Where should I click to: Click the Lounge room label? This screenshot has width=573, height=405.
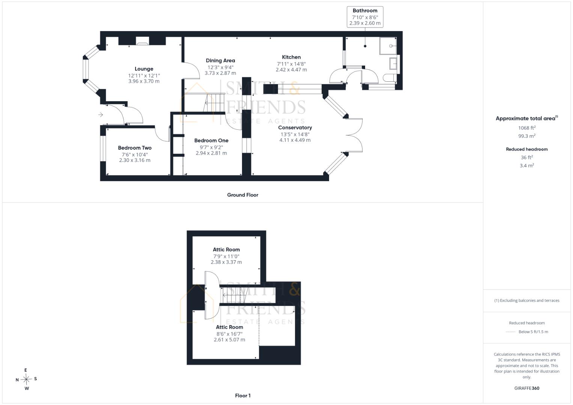144,69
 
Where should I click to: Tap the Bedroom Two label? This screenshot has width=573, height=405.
135,148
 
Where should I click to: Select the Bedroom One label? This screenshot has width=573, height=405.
211,140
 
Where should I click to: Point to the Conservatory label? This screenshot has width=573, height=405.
295,127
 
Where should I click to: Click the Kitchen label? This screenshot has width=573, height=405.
291,57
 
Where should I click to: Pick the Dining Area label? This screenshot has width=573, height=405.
220,61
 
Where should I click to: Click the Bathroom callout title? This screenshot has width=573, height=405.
365,10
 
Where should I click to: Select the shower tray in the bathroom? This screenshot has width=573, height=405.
388,46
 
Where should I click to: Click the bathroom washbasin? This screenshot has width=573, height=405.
393,63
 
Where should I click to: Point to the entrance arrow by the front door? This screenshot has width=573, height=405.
101,114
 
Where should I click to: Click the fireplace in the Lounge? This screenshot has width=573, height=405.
142,41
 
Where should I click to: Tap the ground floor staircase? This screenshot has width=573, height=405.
205,102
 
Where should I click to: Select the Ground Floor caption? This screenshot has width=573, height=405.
242,195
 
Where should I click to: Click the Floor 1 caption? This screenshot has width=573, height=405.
242,396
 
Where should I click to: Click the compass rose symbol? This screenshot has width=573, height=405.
26,379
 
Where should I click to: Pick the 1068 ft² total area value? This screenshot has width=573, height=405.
527,127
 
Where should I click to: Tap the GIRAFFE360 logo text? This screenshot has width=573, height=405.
527,388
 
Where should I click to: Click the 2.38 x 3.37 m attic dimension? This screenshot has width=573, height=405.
226,262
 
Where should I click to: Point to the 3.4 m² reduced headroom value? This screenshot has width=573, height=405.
527,165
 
